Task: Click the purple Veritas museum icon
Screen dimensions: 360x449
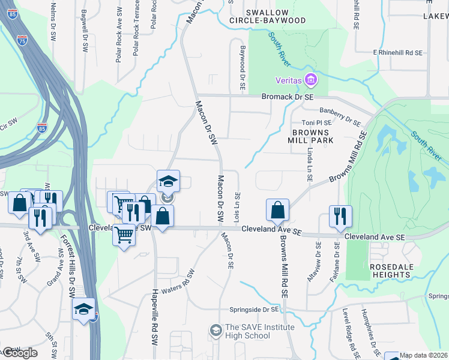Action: [310, 80]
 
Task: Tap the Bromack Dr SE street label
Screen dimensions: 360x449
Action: [288, 96]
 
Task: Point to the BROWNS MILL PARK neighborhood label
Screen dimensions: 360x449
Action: [312, 136]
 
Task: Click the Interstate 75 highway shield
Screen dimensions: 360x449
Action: [22, 41]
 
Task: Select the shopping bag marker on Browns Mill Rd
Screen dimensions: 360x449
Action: [277, 210]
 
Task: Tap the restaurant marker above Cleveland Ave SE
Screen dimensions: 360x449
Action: [340, 217]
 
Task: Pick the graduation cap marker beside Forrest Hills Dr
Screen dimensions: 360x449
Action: [84, 310]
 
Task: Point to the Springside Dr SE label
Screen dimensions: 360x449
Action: [255, 310]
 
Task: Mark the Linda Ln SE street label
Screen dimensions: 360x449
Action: [310, 163]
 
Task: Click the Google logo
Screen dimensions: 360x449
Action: [20, 353]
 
